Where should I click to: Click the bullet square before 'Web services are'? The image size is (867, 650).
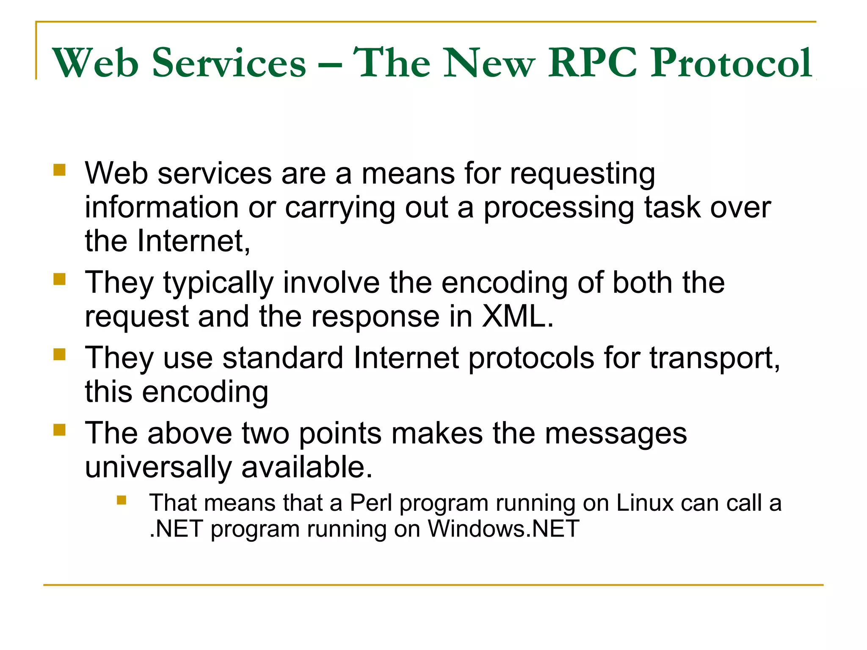click(60, 170)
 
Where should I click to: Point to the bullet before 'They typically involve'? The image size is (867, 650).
click(60, 279)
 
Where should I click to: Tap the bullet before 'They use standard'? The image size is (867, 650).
click(60, 354)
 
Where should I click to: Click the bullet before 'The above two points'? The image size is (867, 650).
click(60, 430)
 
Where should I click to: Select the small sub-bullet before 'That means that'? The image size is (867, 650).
click(122, 501)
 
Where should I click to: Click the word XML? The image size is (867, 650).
click(518, 317)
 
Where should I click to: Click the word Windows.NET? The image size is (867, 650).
click(503, 529)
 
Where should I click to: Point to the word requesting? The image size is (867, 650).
click(583, 174)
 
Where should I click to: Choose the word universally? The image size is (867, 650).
click(158, 468)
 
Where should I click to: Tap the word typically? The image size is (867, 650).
click(218, 284)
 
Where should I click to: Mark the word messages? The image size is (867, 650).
click(616, 435)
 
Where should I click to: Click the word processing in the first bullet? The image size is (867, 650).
click(559, 208)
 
